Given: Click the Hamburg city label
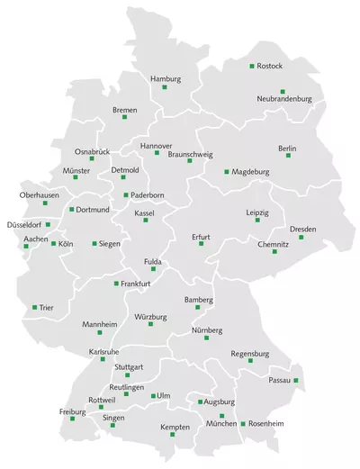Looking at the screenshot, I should (x=166, y=79).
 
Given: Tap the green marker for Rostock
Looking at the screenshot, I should (x=252, y=66).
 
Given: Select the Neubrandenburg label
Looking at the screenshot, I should (x=283, y=98).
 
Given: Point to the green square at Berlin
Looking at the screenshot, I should (x=288, y=156).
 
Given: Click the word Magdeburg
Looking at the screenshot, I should (x=251, y=171).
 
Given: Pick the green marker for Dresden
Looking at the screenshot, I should (x=301, y=237).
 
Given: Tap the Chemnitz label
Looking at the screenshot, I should (x=273, y=244).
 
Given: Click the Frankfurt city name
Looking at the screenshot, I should (x=135, y=284).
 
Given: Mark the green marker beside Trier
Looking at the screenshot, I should (x=35, y=308).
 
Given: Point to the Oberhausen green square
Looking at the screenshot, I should (x=45, y=203).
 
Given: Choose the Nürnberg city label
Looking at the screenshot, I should (x=206, y=330).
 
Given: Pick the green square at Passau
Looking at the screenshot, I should (x=296, y=381).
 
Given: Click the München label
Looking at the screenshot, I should (x=221, y=423).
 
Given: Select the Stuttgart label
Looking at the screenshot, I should (x=129, y=367).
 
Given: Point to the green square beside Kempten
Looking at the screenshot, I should (x=172, y=435).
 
